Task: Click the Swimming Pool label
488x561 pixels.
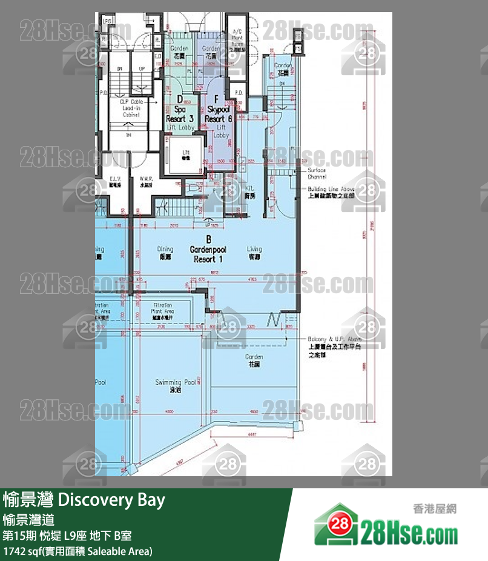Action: tap(176, 386)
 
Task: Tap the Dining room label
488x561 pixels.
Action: tap(165, 251)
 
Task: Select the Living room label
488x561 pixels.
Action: tap(254, 251)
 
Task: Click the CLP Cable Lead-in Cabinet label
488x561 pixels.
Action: tap(131, 108)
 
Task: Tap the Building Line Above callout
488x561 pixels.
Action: tap(331, 192)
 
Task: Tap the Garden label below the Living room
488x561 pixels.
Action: tap(254, 361)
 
